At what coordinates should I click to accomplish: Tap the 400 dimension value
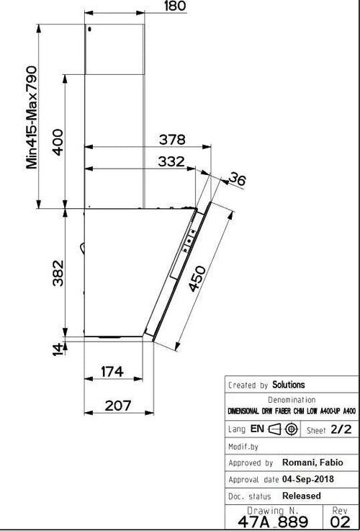(58, 141)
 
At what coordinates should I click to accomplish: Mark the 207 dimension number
(118, 406)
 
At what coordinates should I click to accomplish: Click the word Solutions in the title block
(288, 385)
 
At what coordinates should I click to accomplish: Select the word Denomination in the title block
(292, 399)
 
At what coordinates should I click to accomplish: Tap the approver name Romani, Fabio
(312, 463)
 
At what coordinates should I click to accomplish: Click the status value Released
(302, 496)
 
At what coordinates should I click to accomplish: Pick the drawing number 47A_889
(278, 521)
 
